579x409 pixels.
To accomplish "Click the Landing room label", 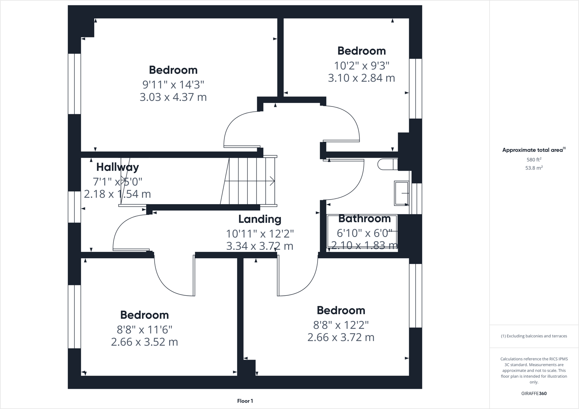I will coord(260,219).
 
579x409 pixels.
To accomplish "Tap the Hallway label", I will coord(117,167).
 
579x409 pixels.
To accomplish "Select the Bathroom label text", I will coord(364,219).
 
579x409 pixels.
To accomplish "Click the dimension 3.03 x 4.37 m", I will coord(173,97).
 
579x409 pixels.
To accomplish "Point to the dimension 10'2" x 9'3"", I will coord(361,66).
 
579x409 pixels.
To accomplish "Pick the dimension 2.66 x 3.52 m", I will coord(144,342).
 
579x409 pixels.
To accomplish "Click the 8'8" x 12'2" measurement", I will coord(341,325).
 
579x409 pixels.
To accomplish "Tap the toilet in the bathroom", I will coord(387,164).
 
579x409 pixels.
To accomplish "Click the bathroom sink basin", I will coord(401,193).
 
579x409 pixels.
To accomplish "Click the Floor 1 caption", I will coord(245,401).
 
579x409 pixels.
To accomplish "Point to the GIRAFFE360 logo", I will coord(534,393).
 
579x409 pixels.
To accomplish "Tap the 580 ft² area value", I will coord(534,160).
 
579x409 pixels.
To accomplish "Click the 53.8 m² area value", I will coord(534,168).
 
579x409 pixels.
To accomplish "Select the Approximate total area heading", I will coord(534,150).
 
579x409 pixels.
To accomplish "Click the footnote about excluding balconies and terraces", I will coord(534,336).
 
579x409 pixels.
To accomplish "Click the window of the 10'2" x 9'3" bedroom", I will coord(415,89).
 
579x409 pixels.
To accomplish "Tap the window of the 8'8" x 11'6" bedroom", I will coord(74,317).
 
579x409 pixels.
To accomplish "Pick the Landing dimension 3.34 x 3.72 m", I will coord(260,246).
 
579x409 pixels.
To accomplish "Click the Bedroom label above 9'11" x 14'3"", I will coord(173,70).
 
